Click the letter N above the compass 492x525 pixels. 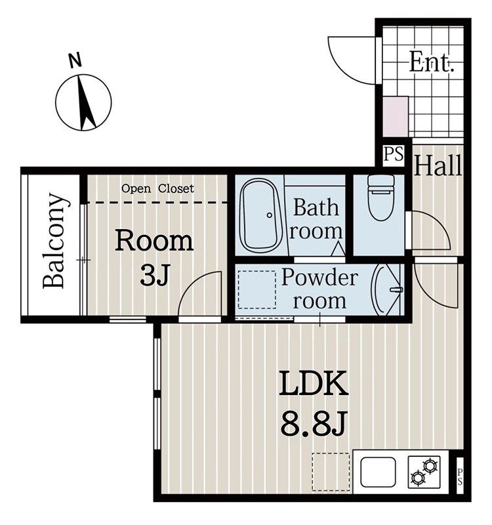75,60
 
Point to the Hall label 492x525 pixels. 438,165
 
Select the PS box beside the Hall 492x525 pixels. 394,155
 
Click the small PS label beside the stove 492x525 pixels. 460,477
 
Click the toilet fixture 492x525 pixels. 381,198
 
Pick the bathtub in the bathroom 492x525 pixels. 261,216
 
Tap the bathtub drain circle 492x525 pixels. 270,215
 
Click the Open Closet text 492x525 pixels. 157,188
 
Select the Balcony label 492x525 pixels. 54,241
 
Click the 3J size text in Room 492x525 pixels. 154,274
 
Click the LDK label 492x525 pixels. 314,383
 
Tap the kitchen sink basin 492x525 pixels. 378,472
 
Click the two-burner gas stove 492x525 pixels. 424,472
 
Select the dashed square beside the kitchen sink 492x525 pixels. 331,472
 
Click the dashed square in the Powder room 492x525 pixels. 257,289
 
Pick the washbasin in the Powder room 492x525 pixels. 386,290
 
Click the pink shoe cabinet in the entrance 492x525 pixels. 396,116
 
